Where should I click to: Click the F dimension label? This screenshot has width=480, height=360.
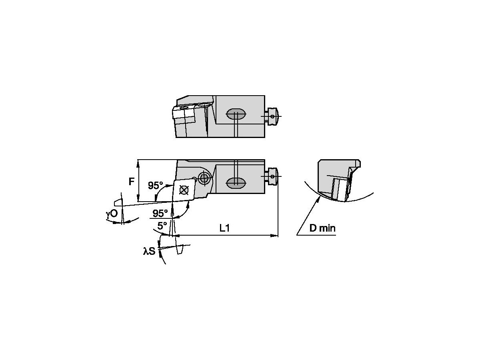click(x=131, y=182)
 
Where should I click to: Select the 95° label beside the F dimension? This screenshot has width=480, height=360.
click(x=156, y=186)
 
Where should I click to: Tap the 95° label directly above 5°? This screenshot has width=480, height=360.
click(x=160, y=213)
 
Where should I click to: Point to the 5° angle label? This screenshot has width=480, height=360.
click(x=162, y=226)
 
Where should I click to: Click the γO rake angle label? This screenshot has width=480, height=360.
click(x=112, y=213)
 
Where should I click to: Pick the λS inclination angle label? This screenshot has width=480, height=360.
click(x=149, y=251)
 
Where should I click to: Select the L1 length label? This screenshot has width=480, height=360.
click(x=224, y=228)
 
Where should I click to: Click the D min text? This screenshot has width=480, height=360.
click(x=322, y=228)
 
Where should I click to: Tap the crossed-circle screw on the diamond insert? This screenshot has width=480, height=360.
click(x=184, y=190)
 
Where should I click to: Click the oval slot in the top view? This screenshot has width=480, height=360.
click(x=236, y=114)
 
